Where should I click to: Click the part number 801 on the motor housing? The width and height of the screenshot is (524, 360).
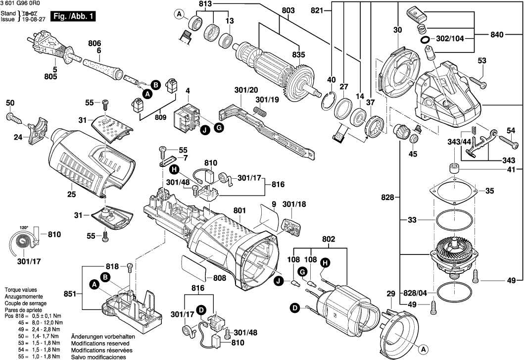click(x=239, y=210)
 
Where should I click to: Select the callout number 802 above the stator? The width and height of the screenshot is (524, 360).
click(x=329, y=239)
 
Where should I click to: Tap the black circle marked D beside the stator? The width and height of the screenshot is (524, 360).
click(x=295, y=309)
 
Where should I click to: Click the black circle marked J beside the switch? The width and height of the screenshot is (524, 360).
click(x=204, y=131)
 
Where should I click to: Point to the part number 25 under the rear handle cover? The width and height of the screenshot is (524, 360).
click(x=71, y=195)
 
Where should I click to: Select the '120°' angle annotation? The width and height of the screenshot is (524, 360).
click(x=24, y=228)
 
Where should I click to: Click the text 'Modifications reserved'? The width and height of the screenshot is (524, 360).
click(x=100, y=343)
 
